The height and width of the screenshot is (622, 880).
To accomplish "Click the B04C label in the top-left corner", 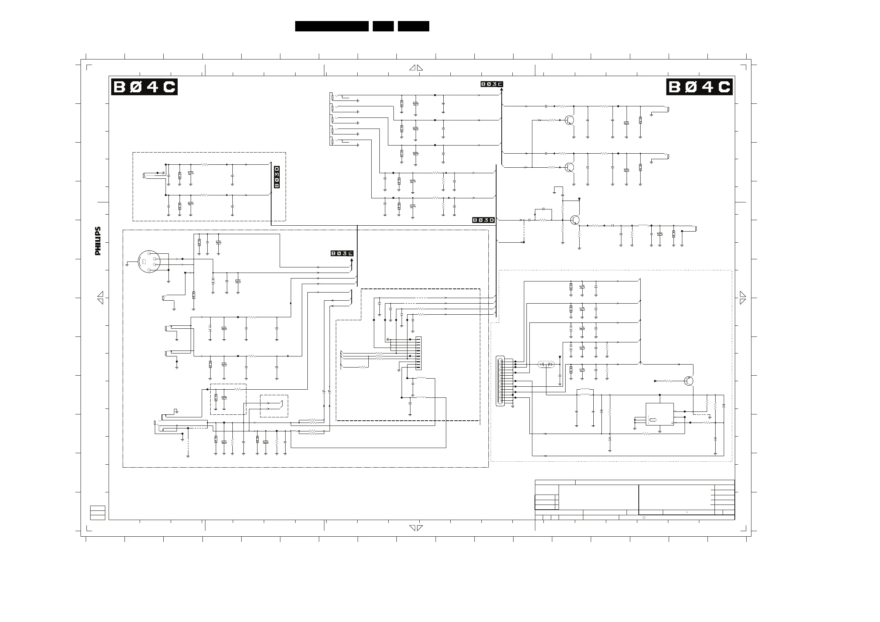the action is coord(144,87).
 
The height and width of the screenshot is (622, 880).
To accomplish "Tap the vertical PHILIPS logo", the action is coord(98,241).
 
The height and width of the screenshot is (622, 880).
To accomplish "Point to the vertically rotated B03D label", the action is coord(277,177).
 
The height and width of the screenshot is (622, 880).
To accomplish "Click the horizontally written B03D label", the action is coord(484,220).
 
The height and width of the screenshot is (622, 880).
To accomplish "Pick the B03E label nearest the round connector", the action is coord(342,253).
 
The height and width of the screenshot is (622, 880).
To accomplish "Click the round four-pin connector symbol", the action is coord(148,262).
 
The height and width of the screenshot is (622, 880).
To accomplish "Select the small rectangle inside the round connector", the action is coord(144,262).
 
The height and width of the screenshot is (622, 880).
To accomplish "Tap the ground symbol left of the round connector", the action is coord(127,264).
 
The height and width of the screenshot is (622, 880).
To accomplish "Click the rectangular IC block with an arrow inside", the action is coord(659,414).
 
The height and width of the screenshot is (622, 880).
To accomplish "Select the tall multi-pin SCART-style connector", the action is coord(500,381).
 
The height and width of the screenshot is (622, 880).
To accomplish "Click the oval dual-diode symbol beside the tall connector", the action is coord(546,364).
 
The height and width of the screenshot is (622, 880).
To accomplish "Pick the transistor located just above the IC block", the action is coord(689,381).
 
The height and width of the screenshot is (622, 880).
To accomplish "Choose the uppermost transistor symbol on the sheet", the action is coord(570,120).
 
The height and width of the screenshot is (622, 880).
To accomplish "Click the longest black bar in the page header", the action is coord(332,26).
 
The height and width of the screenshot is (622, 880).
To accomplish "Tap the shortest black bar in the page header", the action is coord(383,26).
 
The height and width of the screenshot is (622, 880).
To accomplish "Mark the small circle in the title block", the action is coord(644,518).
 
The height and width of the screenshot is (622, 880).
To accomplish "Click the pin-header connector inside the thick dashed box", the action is coord(419,353).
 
